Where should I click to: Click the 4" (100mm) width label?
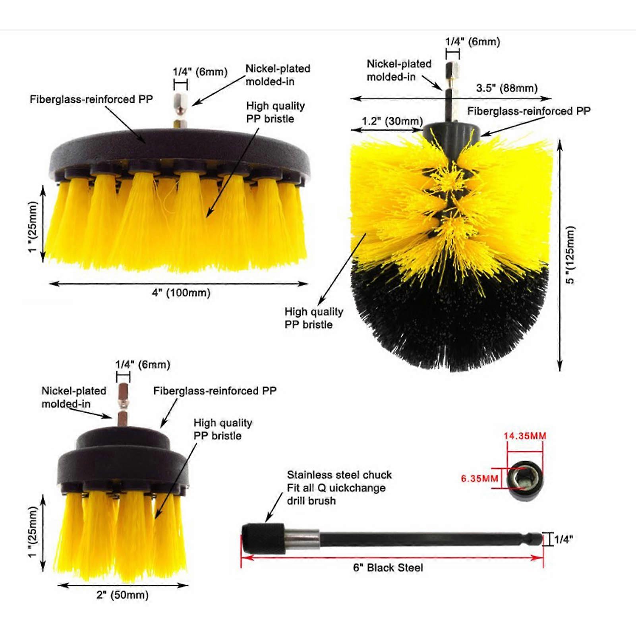181,293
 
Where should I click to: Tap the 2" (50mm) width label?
122,595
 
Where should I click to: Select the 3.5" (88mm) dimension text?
507,88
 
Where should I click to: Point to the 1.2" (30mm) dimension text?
392,121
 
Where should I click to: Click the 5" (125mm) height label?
570,255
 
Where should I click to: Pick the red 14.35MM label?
525,436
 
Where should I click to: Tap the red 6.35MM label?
479,478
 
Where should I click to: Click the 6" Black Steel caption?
388,568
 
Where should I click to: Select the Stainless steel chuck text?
339,475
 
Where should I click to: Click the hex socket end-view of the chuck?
526,481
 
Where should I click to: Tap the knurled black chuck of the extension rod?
263,538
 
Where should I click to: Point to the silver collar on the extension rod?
302,539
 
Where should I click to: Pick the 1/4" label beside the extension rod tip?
563,539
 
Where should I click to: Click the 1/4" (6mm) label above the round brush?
473,42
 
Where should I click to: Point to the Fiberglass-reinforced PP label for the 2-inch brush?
215,391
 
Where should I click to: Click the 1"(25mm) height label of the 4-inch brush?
33,227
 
